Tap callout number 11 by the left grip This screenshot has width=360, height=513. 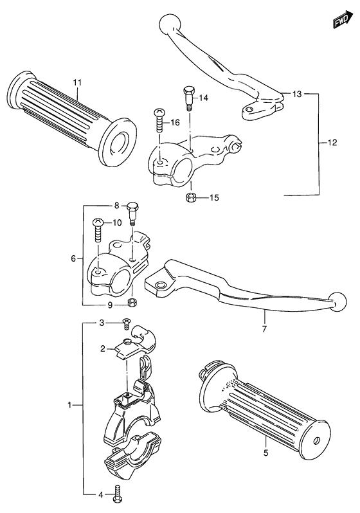click(77, 83)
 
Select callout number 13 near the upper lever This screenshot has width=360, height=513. click(296, 94)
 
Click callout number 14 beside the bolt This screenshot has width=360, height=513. click(204, 98)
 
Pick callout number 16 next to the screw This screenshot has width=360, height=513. click(174, 122)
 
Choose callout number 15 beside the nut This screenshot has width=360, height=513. click(214, 197)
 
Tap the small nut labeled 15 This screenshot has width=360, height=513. click(190, 197)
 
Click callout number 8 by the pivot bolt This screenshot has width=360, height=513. click(117, 206)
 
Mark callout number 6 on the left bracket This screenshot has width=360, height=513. click(74, 258)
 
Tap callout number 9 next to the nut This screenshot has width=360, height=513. click(110, 305)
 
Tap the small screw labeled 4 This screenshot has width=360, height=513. click(118, 494)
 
